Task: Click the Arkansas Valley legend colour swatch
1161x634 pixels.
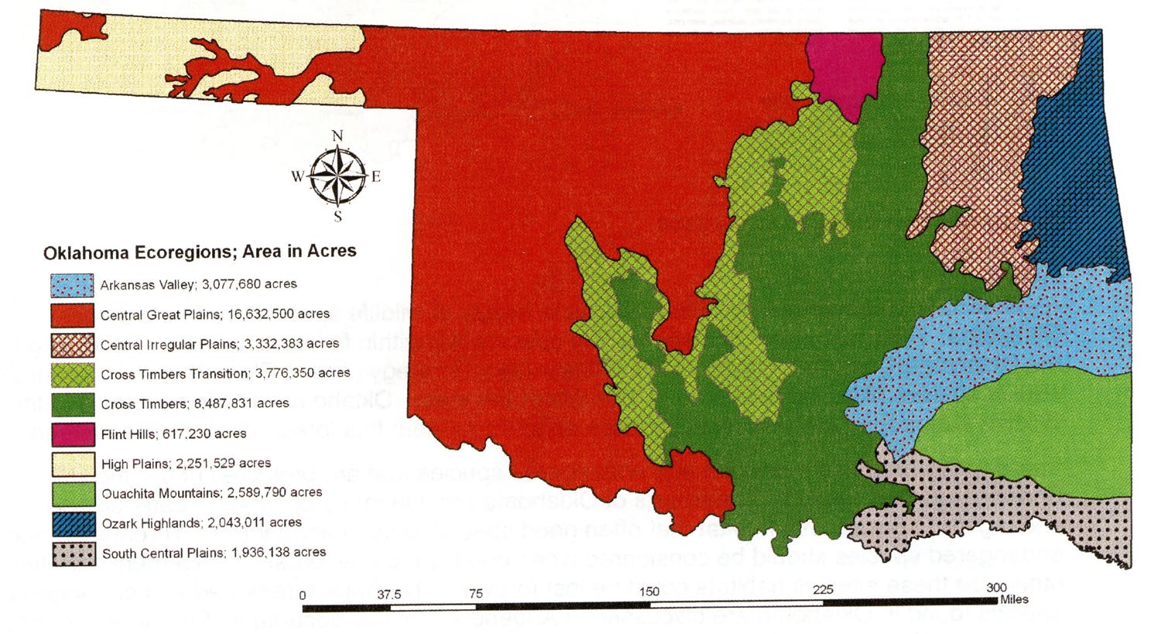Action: pyautogui.click(x=73, y=285)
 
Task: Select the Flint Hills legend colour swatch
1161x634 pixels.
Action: pyautogui.click(x=73, y=434)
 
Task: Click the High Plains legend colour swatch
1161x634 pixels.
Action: pyautogui.click(x=73, y=464)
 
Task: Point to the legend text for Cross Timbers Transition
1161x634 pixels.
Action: pyautogui.click(x=225, y=373)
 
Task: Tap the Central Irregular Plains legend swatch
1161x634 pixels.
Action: pyautogui.click(x=73, y=344)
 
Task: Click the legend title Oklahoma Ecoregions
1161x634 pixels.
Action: pyautogui.click(x=200, y=252)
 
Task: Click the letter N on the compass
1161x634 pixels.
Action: pyautogui.click(x=337, y=136)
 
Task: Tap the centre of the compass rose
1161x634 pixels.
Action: pyautogui.click(x=337, y=176)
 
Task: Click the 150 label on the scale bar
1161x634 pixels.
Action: pyautogui.click(x=649, y=592)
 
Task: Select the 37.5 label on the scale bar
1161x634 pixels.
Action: pyautogui.click(x=389, y=595)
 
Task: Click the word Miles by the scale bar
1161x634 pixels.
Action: pyautogui.click(x=1014, y=599)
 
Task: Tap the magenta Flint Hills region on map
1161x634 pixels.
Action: pyautogui.click(x=844, y=70)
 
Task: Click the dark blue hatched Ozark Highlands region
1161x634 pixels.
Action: pyautogui.click(x=1072, y=178)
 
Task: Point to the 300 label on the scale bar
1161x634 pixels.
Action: pyautogui.click(x=997, y=588)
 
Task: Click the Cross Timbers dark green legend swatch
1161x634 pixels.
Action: pyautogui.click(x=73, y=404)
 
